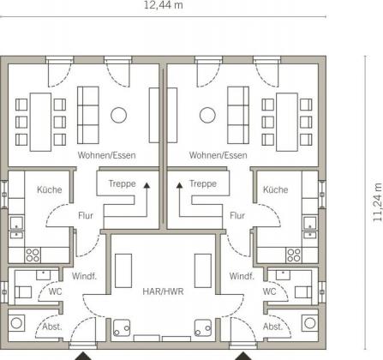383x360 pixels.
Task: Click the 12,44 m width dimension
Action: [163, 5]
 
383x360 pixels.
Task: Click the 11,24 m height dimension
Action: [378, 201]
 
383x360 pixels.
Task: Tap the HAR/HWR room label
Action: [163, 291]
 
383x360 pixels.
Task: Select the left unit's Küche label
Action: [50, 189]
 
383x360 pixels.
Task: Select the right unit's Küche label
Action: [275, 189]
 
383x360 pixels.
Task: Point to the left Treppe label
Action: [122, 183]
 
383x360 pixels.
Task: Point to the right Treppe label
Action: [203, 183]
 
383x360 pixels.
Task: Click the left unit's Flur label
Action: [86, 215]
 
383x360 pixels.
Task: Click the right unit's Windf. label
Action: [242, 276]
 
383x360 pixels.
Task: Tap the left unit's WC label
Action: [55, 291]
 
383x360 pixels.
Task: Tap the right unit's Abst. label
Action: [272, 327]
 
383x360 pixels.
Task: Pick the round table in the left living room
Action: [118, 115]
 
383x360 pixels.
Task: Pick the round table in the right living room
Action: [207, 115]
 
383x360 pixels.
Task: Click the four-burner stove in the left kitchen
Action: [33, 255]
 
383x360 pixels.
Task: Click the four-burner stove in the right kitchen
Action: [294, 255]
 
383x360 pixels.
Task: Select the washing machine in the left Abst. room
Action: [16, 323]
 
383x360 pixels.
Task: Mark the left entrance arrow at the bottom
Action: [83, 356]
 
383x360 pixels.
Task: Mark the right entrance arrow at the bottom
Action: [243, 356]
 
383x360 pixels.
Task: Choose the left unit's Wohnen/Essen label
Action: [106, 155]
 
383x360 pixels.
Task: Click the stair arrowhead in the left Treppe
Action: [147, 185]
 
